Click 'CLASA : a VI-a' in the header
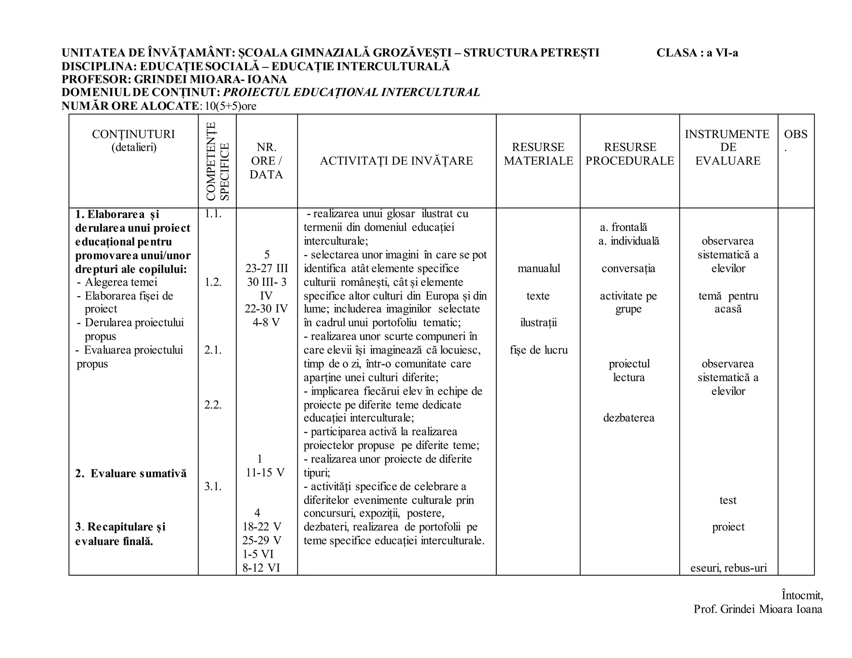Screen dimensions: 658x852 [697, 53]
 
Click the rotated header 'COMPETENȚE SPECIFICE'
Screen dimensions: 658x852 [217, 161]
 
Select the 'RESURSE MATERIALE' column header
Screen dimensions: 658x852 [538, 154]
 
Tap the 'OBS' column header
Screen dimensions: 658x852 [795, 134]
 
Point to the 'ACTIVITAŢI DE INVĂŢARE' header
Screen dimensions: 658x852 [396, 161]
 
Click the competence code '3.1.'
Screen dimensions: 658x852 [213, 487]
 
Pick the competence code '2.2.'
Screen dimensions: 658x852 [213, 405]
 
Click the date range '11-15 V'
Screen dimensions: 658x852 [265, 473]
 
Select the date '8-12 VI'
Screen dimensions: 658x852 [261, 568]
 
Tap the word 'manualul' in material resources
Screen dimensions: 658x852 [538, 269]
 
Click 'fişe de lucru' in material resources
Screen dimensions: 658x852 [538, 350]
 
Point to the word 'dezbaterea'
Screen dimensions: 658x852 [628, 418]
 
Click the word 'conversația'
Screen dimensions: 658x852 [628, 269]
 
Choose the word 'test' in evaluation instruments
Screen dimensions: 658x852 [728, 500]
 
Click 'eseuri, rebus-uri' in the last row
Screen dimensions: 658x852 [728, 568]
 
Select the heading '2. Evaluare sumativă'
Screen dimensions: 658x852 [131, 474]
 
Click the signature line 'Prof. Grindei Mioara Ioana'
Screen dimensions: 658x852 [758, 609]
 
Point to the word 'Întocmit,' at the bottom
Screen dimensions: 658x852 [802, 596]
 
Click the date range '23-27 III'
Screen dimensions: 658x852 [266, 269]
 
